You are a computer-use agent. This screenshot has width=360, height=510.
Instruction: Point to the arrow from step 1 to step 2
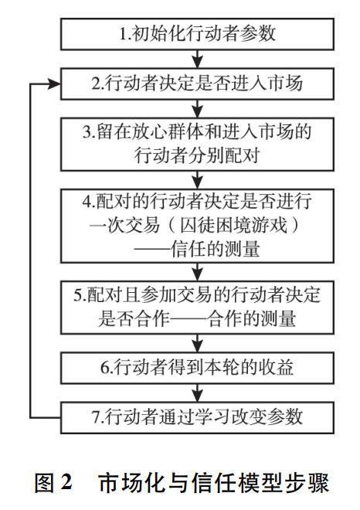[198, 59]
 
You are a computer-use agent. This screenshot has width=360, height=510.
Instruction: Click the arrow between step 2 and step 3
[198, 109]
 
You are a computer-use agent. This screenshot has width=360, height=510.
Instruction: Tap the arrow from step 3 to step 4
[198, 180]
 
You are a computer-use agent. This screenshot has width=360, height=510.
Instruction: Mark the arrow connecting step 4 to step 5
[198, 272]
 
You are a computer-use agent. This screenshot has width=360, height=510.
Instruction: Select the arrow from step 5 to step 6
[198, 343]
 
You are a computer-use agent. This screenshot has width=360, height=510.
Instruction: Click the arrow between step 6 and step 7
[198, 393]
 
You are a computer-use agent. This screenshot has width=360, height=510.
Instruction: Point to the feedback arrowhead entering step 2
[55, 84]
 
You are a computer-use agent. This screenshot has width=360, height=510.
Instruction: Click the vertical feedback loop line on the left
[31, 251]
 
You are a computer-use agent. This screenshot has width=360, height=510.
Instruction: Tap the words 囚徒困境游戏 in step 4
[233, 226]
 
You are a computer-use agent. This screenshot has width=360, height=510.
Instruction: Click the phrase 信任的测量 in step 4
[216, 250]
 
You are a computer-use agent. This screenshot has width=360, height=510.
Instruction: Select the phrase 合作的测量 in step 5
[252, 319]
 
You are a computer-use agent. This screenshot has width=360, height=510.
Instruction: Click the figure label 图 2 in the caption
[53, 483]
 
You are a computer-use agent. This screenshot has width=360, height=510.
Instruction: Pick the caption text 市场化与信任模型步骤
[214, 483]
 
